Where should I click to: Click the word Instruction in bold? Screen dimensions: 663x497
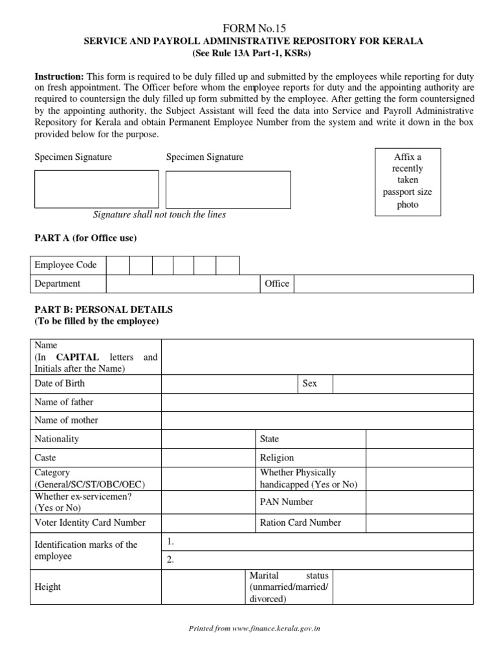click(x=59, y=76)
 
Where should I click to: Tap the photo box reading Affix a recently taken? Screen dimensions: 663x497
click(x=408, y=181)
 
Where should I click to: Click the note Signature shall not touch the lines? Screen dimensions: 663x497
click(x=159, y=214)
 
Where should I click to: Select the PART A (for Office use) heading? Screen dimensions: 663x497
click(x=85, y=238)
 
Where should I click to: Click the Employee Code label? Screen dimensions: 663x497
click(x=65, y=265)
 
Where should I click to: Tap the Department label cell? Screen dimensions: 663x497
click(x=58, y=284)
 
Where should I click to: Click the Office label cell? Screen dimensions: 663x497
click(x=277, y=284)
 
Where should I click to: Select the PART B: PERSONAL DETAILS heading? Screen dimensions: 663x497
click(x=104, y=310)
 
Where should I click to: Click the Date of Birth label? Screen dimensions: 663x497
click(x=60, y=384)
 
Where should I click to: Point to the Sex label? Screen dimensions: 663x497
click(x=310, y=384)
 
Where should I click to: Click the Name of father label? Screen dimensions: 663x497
click(x=64, y=402)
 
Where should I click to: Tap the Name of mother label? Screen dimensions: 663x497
click(x=66, y=420)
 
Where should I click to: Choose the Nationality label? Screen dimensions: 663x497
click(x=56, y=439)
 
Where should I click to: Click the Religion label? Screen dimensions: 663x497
click(x=277, y=457)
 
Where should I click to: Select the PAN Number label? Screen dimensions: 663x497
click(x=286, y=502)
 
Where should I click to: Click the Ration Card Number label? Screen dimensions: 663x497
click(x=300, y=523)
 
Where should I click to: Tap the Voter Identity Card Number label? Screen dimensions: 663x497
click(x=90, y=523)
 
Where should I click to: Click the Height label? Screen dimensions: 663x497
click(x=47, y=587)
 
